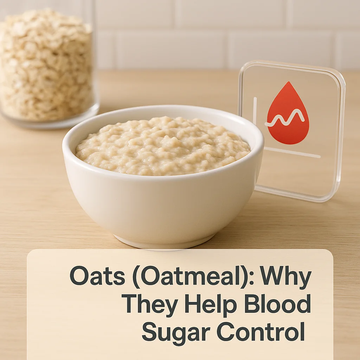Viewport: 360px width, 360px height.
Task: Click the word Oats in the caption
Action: (x=92, y=276)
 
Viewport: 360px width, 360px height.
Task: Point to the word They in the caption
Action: (x=150, y=304)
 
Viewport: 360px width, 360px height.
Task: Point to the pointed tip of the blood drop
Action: (x=288, y=83)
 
